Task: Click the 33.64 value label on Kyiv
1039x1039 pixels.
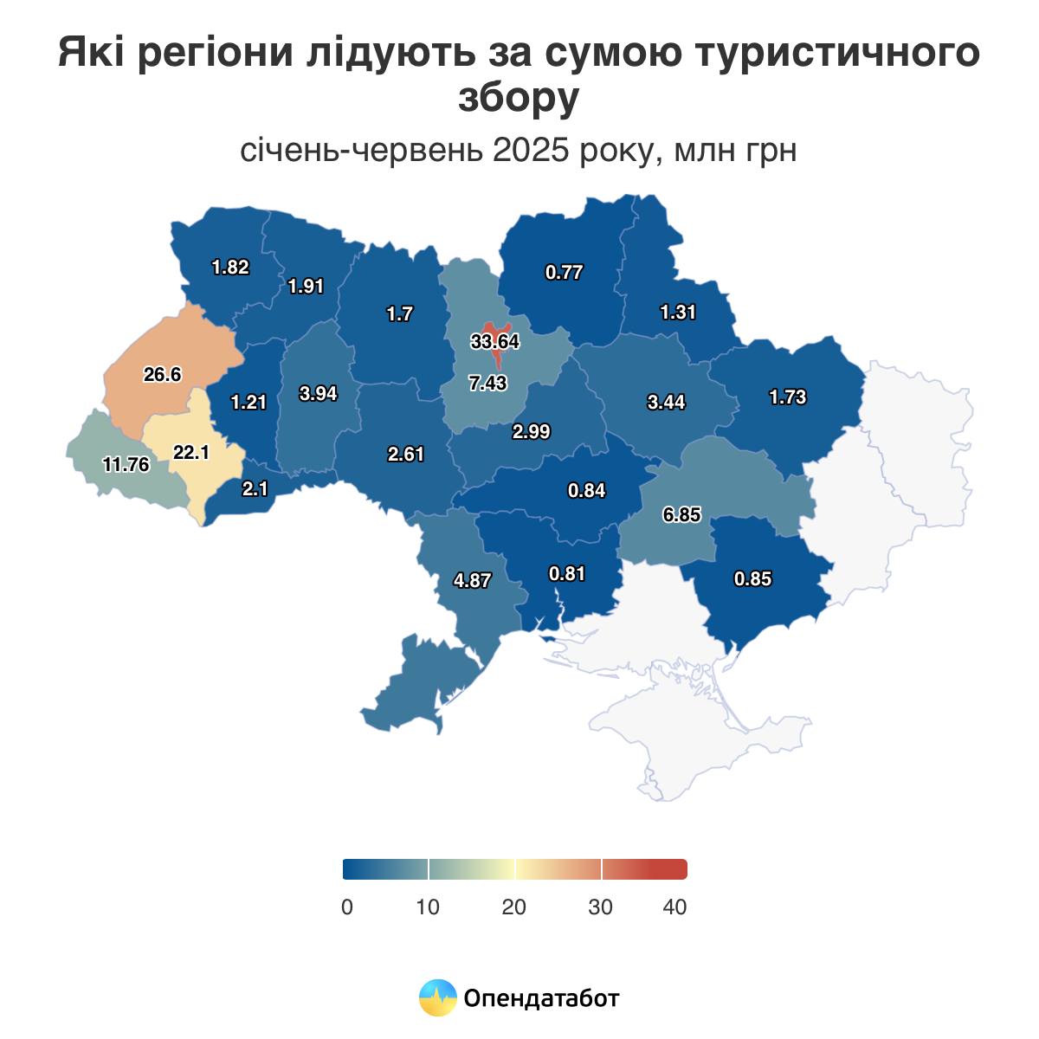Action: (x=495, y=342)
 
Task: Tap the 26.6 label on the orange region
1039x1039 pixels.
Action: (x=163, y=375)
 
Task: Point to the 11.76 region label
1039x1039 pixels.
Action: (x=126, y=465)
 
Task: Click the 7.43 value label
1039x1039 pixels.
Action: (x=487, y=384)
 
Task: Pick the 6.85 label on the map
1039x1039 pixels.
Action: (x=681, y=515)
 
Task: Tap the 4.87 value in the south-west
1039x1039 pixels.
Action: (x=473, y=581)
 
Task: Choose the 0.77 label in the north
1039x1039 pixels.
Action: (x=564, y=273)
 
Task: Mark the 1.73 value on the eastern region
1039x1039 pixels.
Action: (x=787, y=397)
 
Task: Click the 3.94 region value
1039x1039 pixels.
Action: (x=318, y=394)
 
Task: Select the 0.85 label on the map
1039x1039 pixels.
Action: (x=752, y=579)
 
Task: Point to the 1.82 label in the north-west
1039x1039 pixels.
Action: (x=230, y=268)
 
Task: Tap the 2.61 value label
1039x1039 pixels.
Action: (x=405, y=453)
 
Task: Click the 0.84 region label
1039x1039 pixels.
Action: (x=586, y=491)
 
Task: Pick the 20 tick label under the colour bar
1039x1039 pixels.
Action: (x=513, y=907)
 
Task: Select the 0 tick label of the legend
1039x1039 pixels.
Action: (x=347, y=907)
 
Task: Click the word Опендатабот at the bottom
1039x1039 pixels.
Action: (x=541, y=998)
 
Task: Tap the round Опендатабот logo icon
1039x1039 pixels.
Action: (x=437, y=997)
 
